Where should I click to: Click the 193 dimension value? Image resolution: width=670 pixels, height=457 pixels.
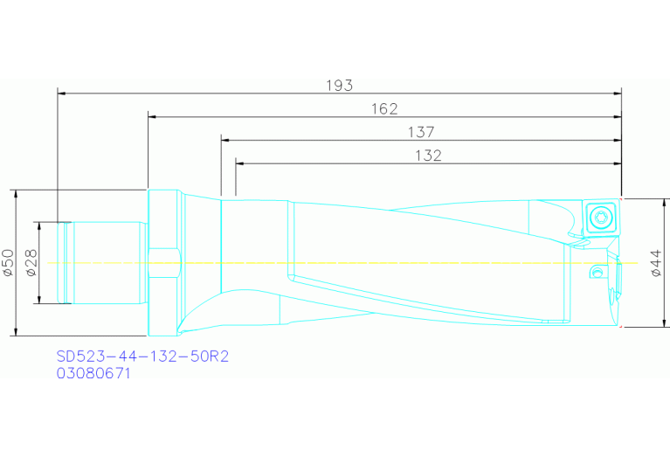(x=341, y=85)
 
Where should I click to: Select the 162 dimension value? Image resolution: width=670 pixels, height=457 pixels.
(x=384, y=108)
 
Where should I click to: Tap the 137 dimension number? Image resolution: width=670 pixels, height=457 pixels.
(x=421, y=132)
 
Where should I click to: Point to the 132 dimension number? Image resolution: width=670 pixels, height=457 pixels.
(x=428, y=156)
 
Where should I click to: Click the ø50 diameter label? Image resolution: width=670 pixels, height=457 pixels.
(x=9, y=262)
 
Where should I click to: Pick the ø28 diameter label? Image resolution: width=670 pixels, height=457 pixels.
(x=31, y=262)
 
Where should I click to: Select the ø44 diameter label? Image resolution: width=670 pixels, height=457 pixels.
(x=657, y=262)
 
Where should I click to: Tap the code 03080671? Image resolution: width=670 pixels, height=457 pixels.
(x=94, y=373)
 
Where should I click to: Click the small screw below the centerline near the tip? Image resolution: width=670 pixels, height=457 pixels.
(x=597, y=274)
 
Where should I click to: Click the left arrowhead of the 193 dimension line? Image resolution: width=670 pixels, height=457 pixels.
(x=61, y=91)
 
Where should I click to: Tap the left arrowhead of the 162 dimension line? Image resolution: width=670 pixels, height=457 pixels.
(x=153, y=114)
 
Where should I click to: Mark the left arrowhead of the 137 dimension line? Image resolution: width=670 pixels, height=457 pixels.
(x=225, y=138)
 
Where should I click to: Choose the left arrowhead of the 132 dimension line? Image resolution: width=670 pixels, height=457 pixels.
(x=240, y=162)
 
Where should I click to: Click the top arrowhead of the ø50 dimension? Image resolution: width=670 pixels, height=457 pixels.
(x=17, y=194)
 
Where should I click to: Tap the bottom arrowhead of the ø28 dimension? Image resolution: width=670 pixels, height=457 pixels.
(x=39, y=300)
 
